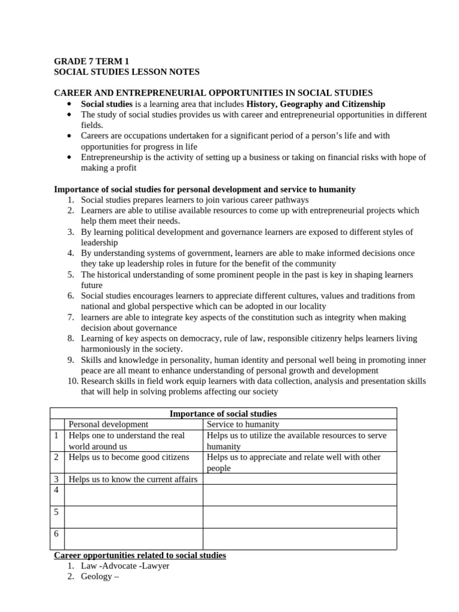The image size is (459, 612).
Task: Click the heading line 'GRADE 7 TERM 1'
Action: point(91,61)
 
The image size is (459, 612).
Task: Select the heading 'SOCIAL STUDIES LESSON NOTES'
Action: point(127,72)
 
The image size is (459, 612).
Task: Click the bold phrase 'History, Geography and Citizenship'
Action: point(316,103)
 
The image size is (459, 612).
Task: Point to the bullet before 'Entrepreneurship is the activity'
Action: point(70,157)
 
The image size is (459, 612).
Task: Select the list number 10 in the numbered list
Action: point(70,381)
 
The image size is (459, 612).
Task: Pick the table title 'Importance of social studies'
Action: point(223,414)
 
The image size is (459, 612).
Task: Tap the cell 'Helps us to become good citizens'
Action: point(129,457)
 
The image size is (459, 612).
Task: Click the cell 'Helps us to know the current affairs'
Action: point(133,479)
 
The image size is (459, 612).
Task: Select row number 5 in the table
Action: point(56,512)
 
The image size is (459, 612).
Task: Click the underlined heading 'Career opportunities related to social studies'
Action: point(140,555)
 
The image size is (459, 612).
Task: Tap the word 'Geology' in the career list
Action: point(96,577)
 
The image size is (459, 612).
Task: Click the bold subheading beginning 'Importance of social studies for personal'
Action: point(204,189)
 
